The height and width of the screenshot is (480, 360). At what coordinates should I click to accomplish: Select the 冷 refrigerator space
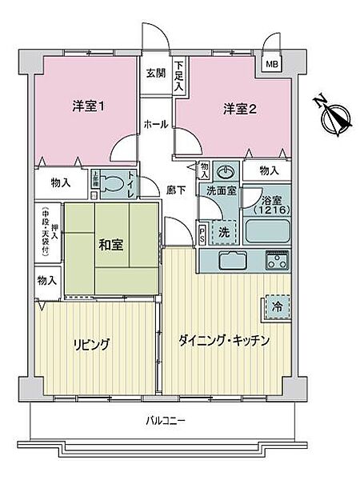[275, 306]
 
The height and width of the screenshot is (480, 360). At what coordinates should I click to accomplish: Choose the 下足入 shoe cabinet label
[180, 74]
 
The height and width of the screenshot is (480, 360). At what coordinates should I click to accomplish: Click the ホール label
[155, 125]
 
